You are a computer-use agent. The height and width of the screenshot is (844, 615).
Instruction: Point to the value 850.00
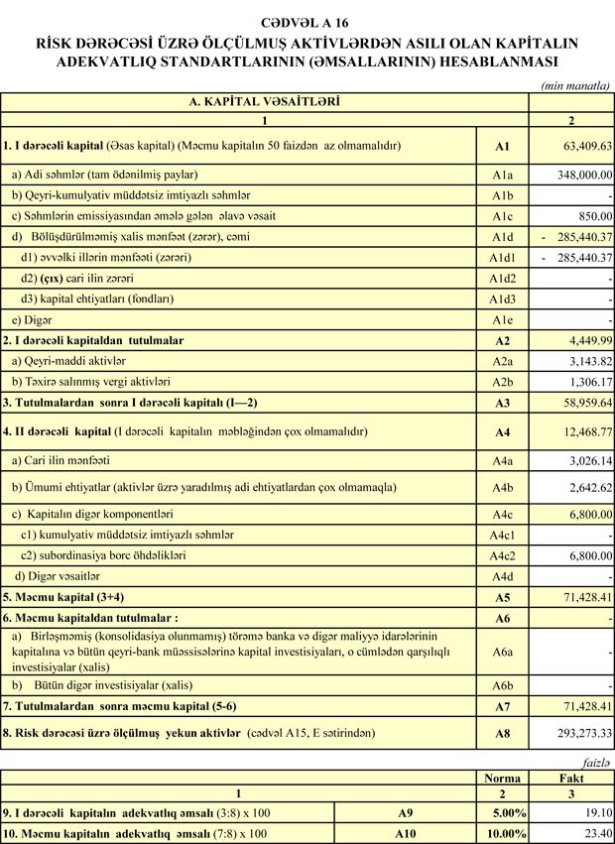[x=592, y=215]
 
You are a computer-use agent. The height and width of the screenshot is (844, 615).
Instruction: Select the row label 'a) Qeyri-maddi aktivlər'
[x=68, y=361]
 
